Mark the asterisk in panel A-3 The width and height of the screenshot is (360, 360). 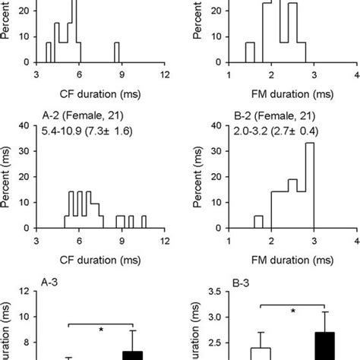100,330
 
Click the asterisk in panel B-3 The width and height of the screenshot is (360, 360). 292,311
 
